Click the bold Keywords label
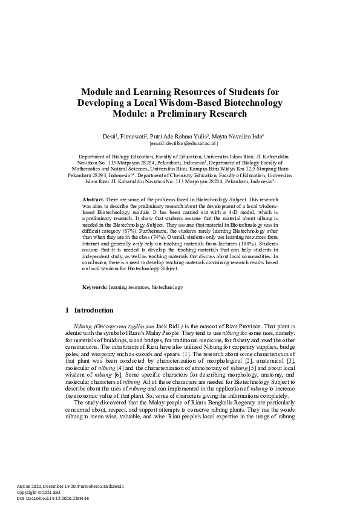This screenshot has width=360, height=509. (95, 287)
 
